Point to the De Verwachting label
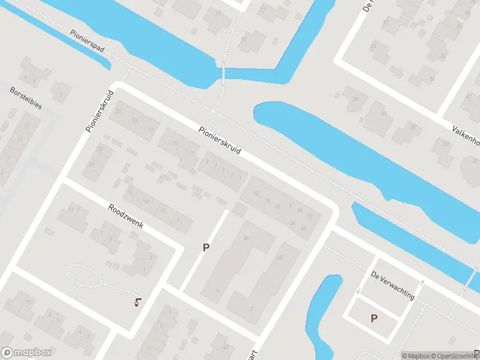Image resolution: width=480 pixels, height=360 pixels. click(x=392, y=285)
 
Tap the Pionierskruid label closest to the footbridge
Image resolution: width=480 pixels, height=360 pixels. click(x=220, y=140)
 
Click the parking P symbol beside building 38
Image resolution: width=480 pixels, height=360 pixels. click(x=206, y=247)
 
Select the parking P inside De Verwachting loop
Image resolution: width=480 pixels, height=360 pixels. click(x=374, y=318)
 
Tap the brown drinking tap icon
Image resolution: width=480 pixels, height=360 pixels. click(x=139, y=302)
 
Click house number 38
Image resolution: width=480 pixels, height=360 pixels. click(x=245, y=238)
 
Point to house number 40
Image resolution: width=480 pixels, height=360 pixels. click(x=280, y=257)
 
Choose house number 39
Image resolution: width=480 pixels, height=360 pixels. click(x=355, y=99)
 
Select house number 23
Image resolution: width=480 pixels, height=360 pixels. click(x=134, y=121)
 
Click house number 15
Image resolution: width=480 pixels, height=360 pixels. click(x=175, y=143)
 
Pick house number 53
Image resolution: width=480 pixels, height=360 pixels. click(x=373, y=46)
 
